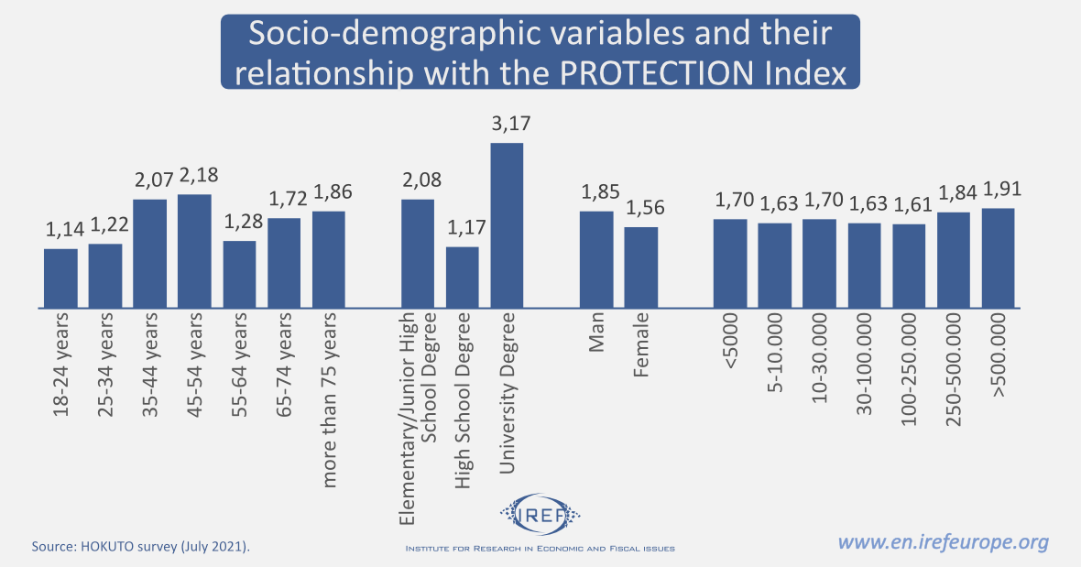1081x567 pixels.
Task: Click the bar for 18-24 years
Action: (x=60, y=278)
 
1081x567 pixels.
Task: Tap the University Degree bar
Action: (x=507, y=224)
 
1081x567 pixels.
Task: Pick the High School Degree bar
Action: (x=463, y=277)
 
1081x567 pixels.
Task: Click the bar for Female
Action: (x=641, y=267)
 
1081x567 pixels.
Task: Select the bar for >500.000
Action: (x=999, y=257)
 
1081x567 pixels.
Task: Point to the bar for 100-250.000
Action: (x=909, y=266)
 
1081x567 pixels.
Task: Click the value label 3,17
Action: (x=511, y=124)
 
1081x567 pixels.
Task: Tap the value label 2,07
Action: (x=149, y=180)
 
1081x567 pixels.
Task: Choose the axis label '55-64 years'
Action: (x=240, y=366)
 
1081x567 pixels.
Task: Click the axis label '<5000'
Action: (x=731, y=342)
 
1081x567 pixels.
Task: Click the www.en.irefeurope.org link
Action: (x=944, y=542)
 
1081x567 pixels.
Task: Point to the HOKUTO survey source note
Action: (x=141, y=546)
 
